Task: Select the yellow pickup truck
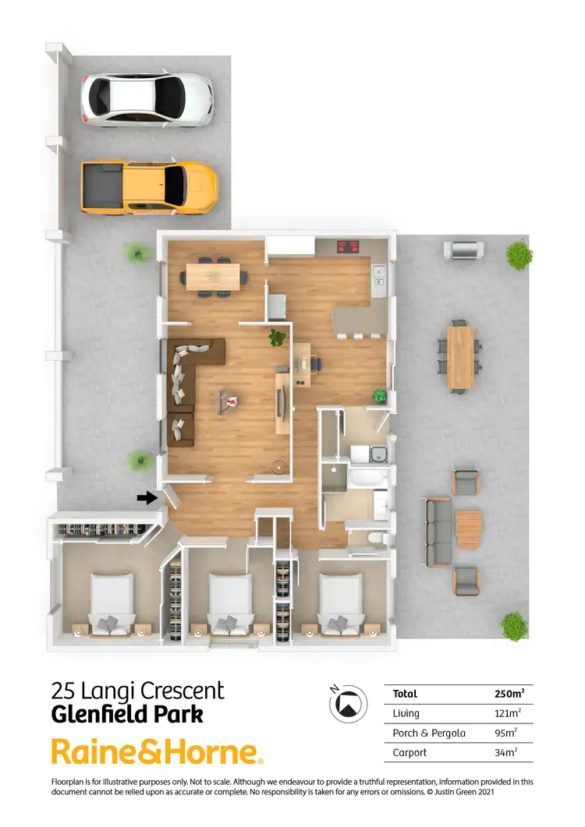click(x=148, y=187)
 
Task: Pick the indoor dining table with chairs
click(x=214, y=275)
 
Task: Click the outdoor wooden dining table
click(x=460, y=357)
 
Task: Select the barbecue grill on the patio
click(x=463, y=250)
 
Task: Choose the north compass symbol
click(x=349, y=702)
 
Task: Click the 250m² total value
click(x=509, y=694)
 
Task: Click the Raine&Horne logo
click(x=157, y=752)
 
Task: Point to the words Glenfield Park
click(x=126, y=713)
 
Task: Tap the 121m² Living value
click(x=509, y=713)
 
